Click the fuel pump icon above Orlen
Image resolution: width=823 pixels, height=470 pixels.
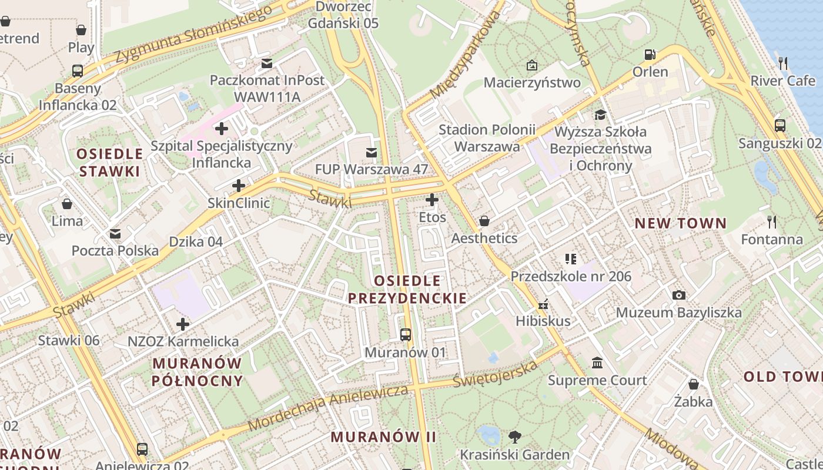point(650,55)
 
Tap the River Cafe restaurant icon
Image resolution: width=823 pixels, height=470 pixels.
point(783,63)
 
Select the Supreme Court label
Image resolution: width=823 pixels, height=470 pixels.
point(597,380)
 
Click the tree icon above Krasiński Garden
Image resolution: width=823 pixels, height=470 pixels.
point(515,437)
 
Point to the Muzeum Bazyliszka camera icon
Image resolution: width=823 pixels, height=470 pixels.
point(678,295)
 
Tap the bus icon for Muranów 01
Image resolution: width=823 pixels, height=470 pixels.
point(406,335)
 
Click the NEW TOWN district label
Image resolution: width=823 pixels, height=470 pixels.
point(681,223)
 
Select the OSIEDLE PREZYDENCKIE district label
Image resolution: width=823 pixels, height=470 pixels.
point(407,289)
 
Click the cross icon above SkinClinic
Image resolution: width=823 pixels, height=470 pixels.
point(239,186)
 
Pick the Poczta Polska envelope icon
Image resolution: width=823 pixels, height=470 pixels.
point(115,233)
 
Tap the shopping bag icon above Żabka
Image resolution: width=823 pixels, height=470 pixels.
point(694,384)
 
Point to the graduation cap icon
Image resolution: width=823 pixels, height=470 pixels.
point(600,114)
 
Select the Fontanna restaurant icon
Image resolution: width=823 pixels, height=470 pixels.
point(772,221)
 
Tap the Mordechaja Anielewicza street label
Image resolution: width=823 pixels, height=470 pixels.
point(328,408)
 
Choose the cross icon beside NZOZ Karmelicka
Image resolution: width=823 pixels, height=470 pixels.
point(183,324)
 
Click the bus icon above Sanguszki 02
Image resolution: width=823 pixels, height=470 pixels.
point(779,125)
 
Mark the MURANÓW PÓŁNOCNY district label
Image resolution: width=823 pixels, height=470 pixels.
point(197,371)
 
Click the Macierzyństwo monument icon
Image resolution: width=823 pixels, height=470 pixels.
point(532,65)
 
